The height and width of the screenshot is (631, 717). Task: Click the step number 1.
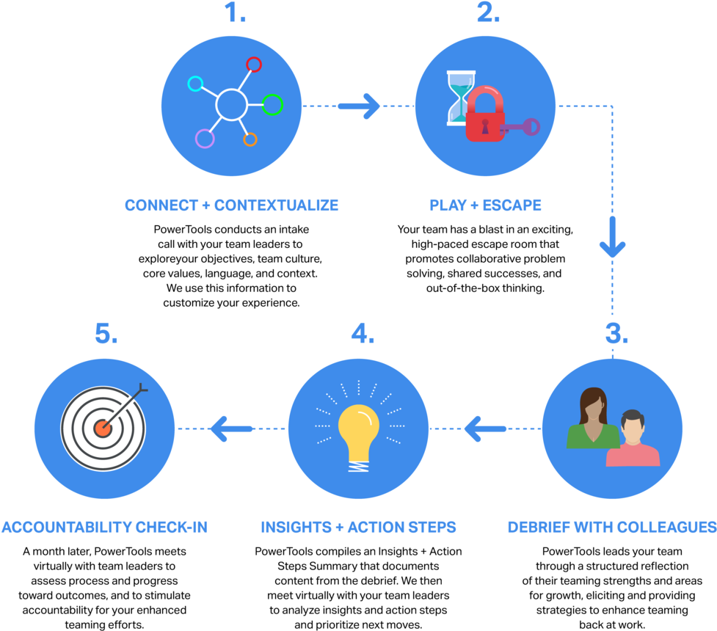(234, 12)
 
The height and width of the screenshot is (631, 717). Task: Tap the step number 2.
(488, 12)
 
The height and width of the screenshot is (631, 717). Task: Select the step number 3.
(616, 334)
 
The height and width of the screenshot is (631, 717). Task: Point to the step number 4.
(362, 334)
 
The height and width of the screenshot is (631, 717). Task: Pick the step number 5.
(106, 334)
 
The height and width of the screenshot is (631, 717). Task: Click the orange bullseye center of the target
(103, 428)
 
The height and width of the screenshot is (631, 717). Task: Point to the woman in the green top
(592, 418)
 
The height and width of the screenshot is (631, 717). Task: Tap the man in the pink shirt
(632, 440)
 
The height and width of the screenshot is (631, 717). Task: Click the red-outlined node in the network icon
(253, 65)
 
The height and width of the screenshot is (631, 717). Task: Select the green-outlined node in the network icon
(272, 105)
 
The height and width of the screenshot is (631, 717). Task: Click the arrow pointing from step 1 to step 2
(360, 106)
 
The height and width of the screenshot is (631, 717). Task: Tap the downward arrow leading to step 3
(612, 238)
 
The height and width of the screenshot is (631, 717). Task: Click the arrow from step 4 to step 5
(230, 428)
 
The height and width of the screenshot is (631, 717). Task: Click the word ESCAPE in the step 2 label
(512, 205)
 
